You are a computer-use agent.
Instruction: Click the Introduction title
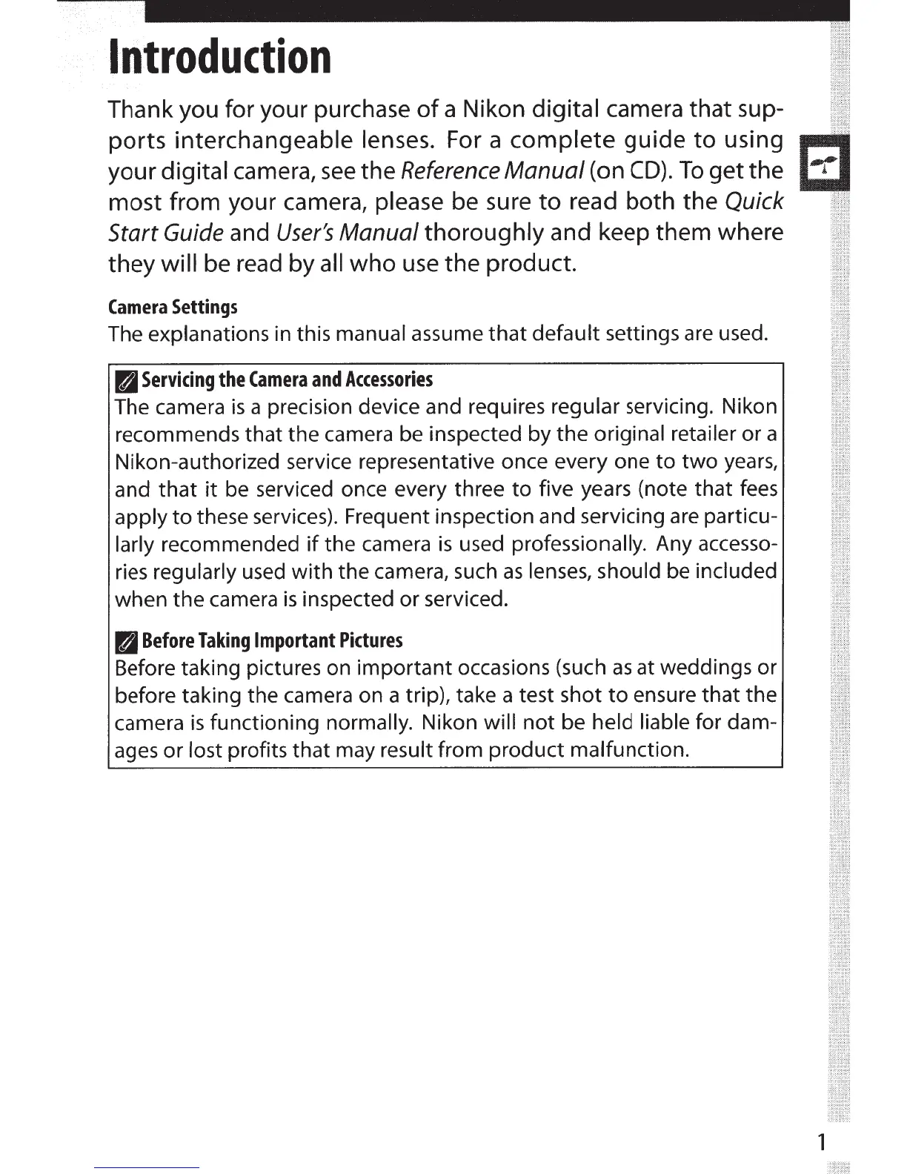(x=219, y=58)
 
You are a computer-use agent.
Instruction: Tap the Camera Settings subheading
(x=172, y=307)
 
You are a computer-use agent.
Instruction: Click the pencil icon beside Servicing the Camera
(x=127, y=381)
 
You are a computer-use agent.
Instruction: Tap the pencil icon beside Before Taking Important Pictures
(x=127, y=641)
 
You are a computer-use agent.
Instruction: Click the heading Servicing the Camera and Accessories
(x=287, y=380)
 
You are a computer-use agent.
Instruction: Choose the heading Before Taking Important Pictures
(x=272, y=640)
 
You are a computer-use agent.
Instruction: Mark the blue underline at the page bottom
(x=147, y=1167)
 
